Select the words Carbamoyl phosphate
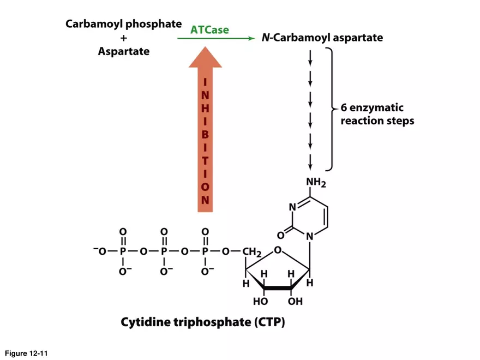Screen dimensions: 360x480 pos(123,25)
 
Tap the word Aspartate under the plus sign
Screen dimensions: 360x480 pos(124,52)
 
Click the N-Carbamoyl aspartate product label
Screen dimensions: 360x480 pos(322,38)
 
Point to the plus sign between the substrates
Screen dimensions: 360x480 pos(124,38)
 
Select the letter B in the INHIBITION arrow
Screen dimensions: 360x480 pos(205,133)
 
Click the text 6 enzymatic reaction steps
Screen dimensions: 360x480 pos(376,114)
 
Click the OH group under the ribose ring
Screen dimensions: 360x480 pos(295,301)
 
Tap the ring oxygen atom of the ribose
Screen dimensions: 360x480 pos(278,250)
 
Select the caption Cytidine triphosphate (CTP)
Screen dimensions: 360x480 pos(202,322)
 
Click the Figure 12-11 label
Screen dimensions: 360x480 pos(27,353)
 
